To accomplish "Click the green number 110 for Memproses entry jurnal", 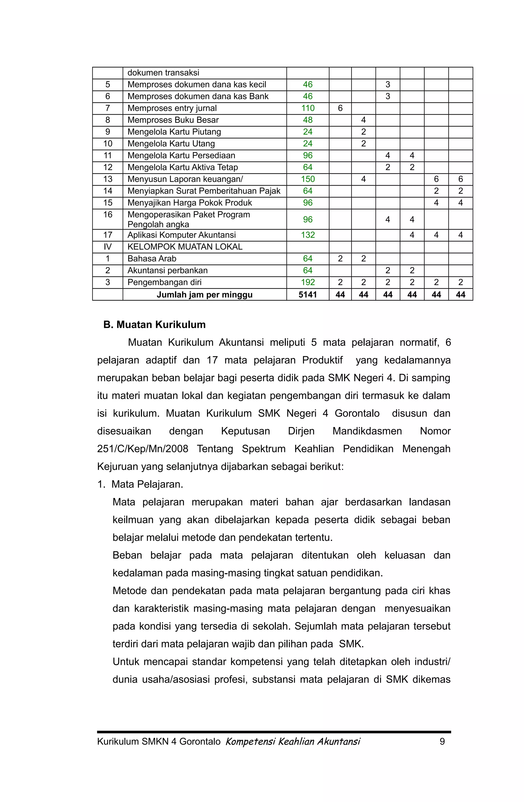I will pyautogui.click(x=308, y=108).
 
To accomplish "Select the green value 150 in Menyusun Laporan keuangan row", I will pyautogui.click(x=308, y=179).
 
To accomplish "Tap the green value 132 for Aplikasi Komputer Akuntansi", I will pyautogui.click(x=308, y=235).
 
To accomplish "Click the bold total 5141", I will pyautogui.click(x=308, y=294).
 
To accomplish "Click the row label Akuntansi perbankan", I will pyautogui.click(x=167, y=270).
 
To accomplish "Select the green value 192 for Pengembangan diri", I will pyautogui.click(x=308, y=282).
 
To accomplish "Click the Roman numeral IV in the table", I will pyautogui.click(x=107, y=247).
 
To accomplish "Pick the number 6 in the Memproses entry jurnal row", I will pyautogui.click(x=340, y=108).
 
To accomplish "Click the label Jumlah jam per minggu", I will pyautogui.click(x=204, y=294).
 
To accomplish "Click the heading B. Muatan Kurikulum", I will pyautogui.click(x=154, y=324).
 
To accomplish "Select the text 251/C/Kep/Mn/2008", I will pyautogui.click(x=143, y=449).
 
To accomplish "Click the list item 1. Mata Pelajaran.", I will pyautogui.click(x=140, y=484).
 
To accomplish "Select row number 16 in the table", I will pyautogui.click(x=107, y=215).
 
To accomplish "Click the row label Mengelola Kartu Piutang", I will pyautogui.click(x=174, y=132).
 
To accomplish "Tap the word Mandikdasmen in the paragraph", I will pyautogui.click(x=367, y=431).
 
